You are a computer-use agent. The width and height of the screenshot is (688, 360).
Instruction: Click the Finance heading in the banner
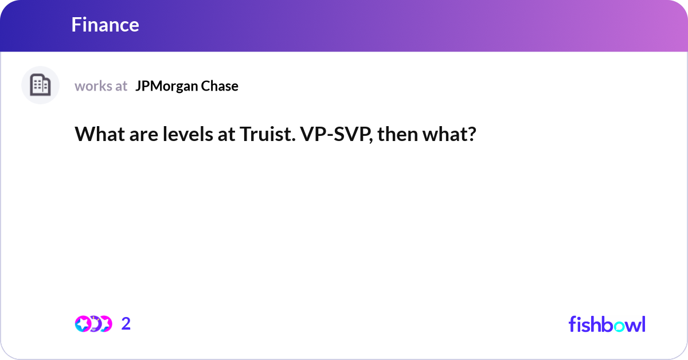click(x=105, y=25)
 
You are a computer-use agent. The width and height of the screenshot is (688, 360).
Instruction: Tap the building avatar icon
click(x=40, y=85)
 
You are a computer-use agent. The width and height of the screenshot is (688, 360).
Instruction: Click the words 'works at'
click(x=101, y=86)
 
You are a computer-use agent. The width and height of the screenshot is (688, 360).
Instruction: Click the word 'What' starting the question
click(x=96, y=135)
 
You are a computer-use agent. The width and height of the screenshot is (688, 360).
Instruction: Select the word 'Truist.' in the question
click(x=264, y=135)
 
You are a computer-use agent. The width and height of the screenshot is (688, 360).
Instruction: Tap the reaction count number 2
click(x=126, y=324)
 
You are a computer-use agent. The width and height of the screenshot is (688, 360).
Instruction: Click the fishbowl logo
click(x=607, y=324)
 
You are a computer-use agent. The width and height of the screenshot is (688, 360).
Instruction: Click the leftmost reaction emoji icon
click(x=83, y=324)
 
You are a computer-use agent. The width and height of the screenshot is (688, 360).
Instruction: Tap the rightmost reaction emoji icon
click(x=105, y=324)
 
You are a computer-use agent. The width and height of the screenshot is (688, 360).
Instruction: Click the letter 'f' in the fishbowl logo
click(x=572, y=324)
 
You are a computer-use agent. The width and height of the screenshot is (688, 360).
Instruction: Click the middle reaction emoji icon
click(x=95, y=324)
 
